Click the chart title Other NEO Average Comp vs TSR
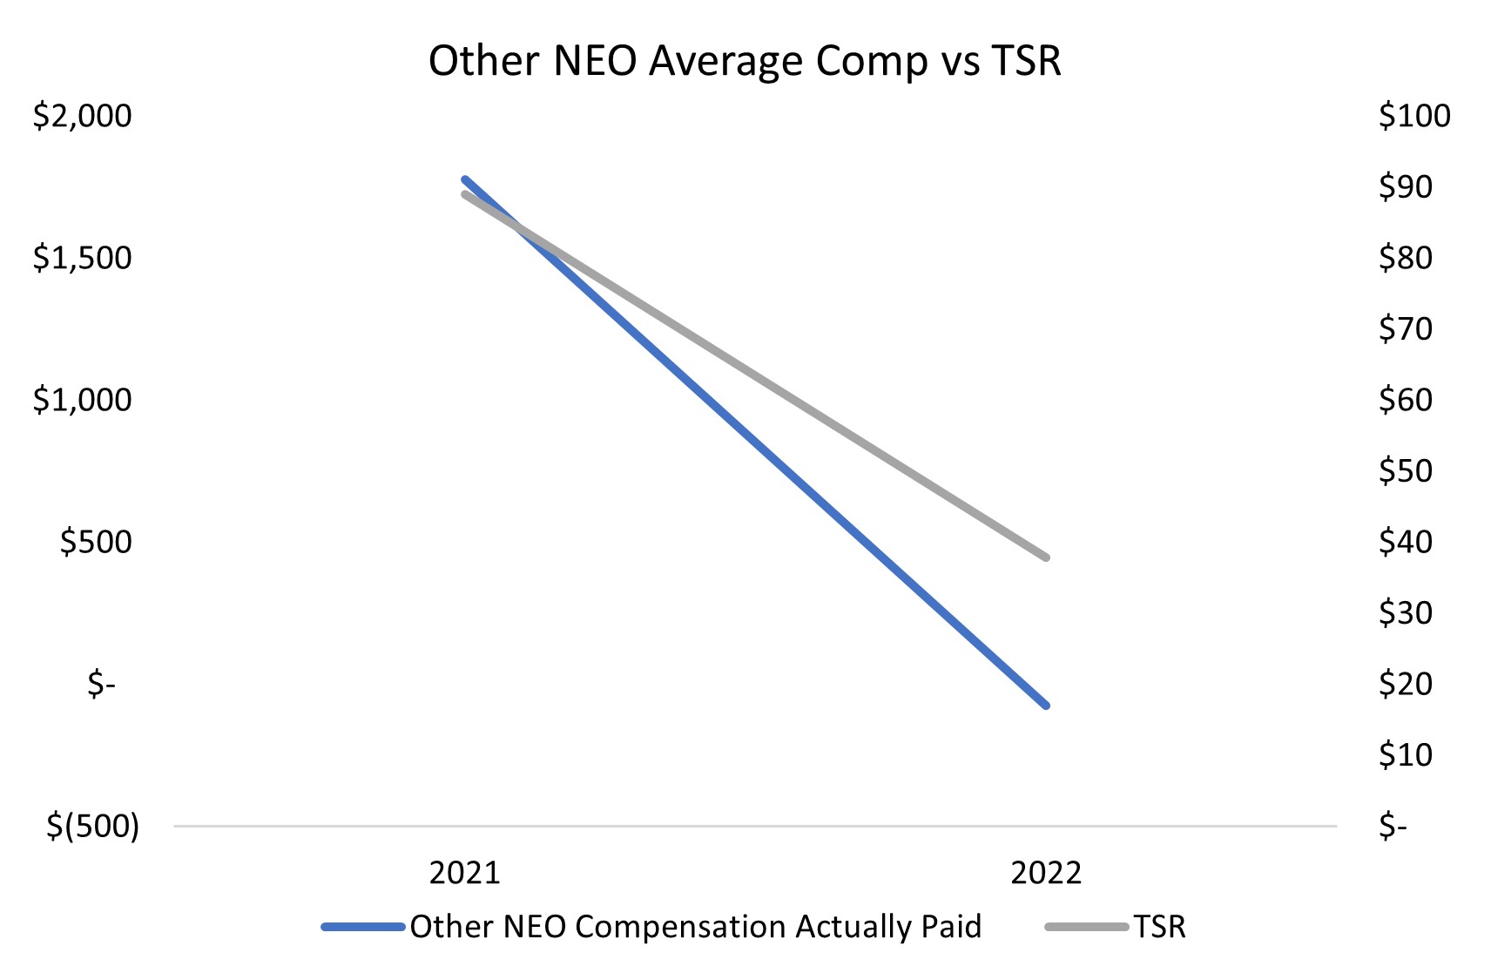point(745,62)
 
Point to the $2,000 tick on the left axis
point(83,116)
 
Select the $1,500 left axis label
point(83,258)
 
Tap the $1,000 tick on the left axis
point(83,400)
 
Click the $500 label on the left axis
point(96,542)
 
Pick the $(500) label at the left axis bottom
point(93,826)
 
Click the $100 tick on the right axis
point(1414,116)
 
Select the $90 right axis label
point(1406,186)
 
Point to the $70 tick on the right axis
point(1406,328)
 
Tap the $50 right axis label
point(1406,470)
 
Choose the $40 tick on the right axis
point(1406,542)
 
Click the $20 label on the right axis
point(1406,684)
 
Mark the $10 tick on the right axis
point(1406,754)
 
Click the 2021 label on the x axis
point(465,872)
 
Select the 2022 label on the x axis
point(1046,872)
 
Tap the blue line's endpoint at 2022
point(1046,705)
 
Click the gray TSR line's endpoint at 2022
point(1046,557)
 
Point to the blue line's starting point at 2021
point(465,179)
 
